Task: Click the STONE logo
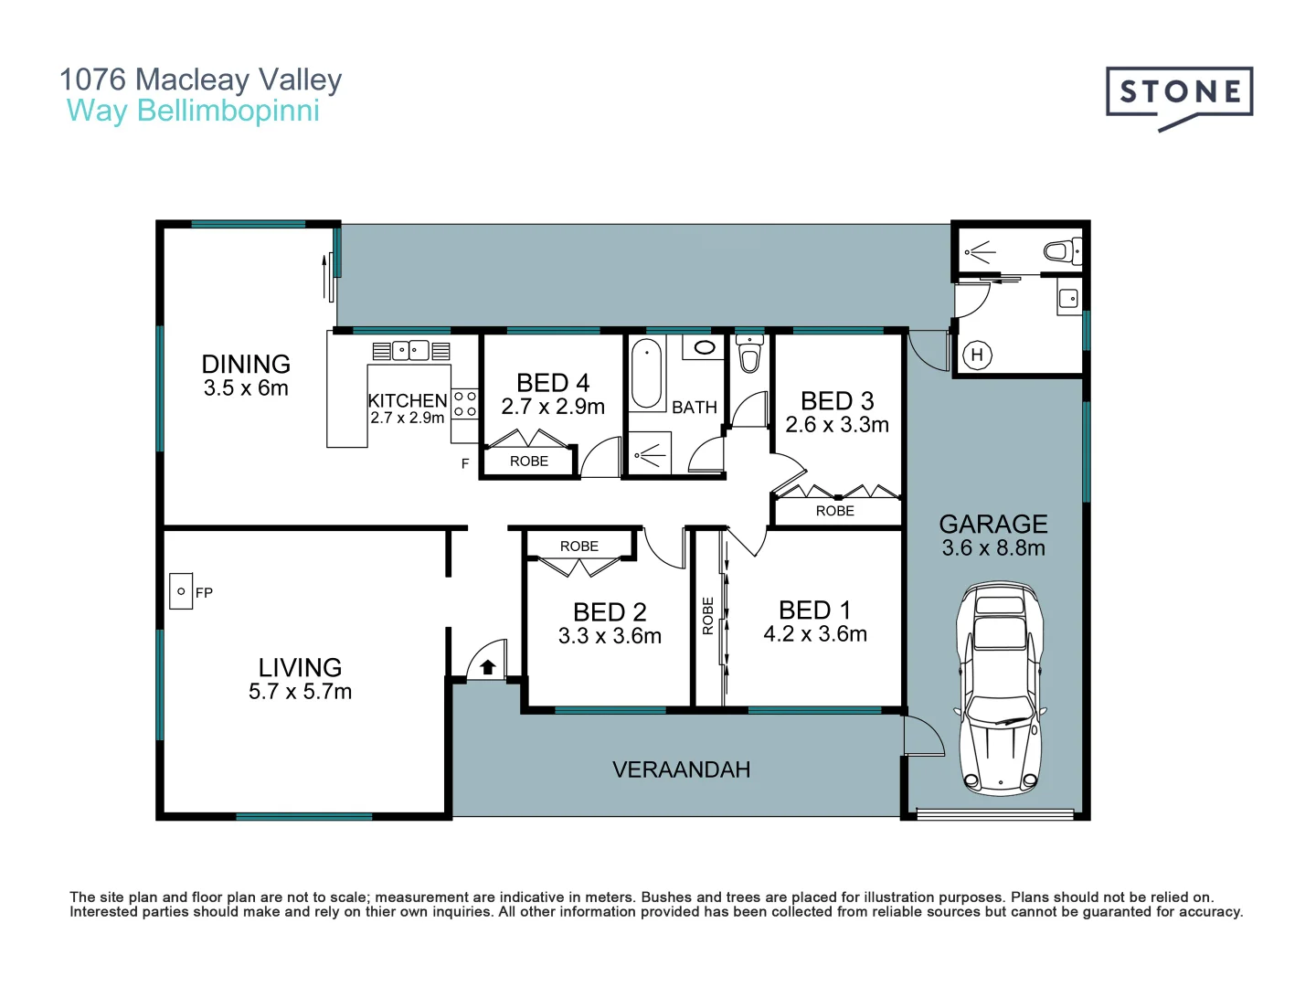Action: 1179,93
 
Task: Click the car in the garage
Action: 1000,686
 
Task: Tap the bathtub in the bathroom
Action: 646,374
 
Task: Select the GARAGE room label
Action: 993,524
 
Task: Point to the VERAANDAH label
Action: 681,769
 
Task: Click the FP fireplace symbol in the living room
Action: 181,591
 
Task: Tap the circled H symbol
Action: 977,356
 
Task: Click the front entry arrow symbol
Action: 488,667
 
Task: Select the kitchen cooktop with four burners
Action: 465,404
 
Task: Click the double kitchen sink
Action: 411,350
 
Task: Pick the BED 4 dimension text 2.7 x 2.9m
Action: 553,407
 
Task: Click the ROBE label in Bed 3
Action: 834,511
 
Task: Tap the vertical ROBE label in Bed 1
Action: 707,615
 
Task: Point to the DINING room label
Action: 246,364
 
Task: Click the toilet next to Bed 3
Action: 749,354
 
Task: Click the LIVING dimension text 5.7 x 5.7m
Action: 300,692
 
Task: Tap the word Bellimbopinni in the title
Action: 228,111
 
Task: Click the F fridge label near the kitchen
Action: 465,464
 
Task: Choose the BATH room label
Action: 695,408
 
